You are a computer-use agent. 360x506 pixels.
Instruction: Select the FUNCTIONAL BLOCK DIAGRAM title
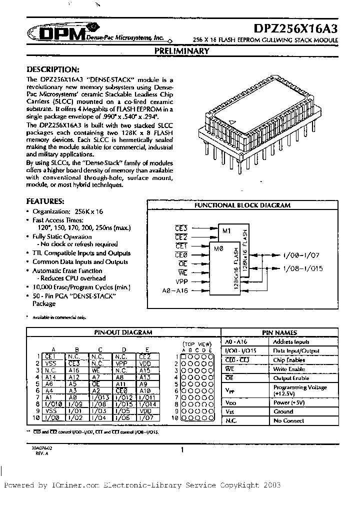pos(242,205)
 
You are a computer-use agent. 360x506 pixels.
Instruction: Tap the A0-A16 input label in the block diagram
pos(175,290)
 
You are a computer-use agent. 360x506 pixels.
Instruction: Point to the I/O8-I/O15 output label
pos(303,268)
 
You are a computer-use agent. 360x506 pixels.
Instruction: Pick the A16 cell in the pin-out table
pos(74,370)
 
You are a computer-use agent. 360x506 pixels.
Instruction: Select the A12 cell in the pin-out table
pos(74,377)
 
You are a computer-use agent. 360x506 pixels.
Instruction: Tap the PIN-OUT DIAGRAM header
pos(123,332)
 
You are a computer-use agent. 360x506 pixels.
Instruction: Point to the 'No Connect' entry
pos(288,421)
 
